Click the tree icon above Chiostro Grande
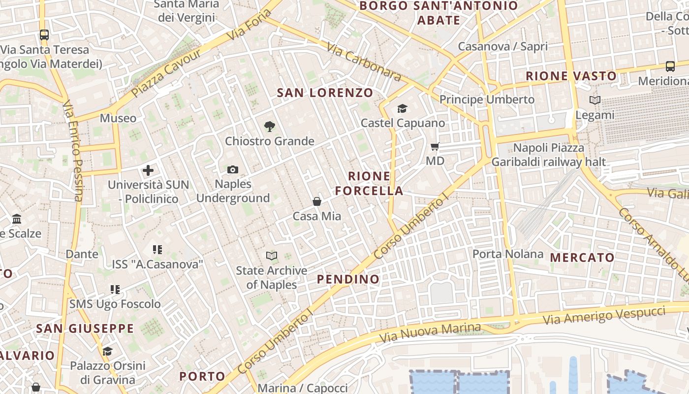tap(269, 127)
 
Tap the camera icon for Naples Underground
tap(233, 170)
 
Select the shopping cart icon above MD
tap(435, 146)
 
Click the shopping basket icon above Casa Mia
tap(317, 201)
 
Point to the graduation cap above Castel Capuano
tap(403, 108)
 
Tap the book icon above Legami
tap(595, 100)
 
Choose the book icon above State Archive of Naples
tap(272, 256)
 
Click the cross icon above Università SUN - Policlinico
tap(148, 170)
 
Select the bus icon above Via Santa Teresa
tap(44, 35)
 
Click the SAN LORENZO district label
tap(325, 93)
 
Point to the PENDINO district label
tap(348, 279)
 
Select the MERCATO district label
tap(582, 257)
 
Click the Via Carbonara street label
tap(364, 62)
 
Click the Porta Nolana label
tap(508, 254)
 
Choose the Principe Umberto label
tap(487, 99)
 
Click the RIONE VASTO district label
tap(571, 76)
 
